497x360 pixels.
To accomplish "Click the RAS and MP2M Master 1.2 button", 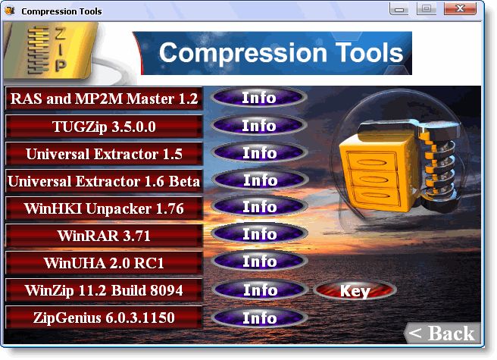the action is tap(104, 99).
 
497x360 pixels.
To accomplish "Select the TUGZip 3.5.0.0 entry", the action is tap(104, 127).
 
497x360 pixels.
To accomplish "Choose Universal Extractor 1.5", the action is tap(104, 154).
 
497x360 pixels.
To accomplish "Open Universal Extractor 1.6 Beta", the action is tap(104, 181).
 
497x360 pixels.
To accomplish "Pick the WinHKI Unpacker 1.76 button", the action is tap(104, 208).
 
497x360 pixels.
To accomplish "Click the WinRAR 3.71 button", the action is tap(104, 236).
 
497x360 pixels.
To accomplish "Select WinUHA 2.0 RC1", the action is tap(104, 263).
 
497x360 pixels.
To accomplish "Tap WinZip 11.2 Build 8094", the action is tap(104, 290).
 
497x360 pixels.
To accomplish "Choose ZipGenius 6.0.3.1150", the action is tap(104, 318).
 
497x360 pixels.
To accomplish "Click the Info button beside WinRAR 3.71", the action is tap(260, 234).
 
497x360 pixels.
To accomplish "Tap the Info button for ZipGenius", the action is tap(260, 318).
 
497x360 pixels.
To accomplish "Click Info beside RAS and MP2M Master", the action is tap(259, 97).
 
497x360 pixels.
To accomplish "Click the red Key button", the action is tap(355, 290).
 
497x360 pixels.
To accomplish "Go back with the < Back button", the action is tap(442, 333).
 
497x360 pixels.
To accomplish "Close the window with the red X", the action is tap(460, 8).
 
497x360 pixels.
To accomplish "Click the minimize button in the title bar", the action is tap(399, 9).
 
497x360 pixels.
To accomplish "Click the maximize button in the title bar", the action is tap(427, 8).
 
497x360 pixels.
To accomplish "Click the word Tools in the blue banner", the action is tap(369, 52).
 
